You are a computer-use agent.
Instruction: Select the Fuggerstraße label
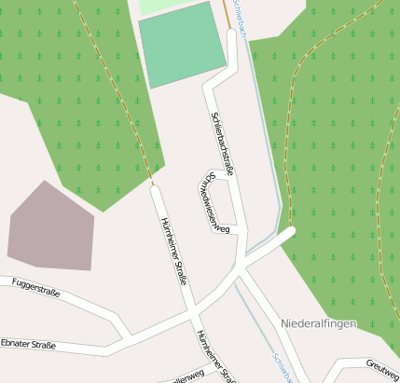coord(36,286)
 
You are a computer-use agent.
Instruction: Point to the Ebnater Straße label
coord(28,345)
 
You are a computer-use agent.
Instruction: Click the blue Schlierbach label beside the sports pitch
coord(239,21)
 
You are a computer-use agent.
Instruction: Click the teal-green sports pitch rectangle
coord(183,45)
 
